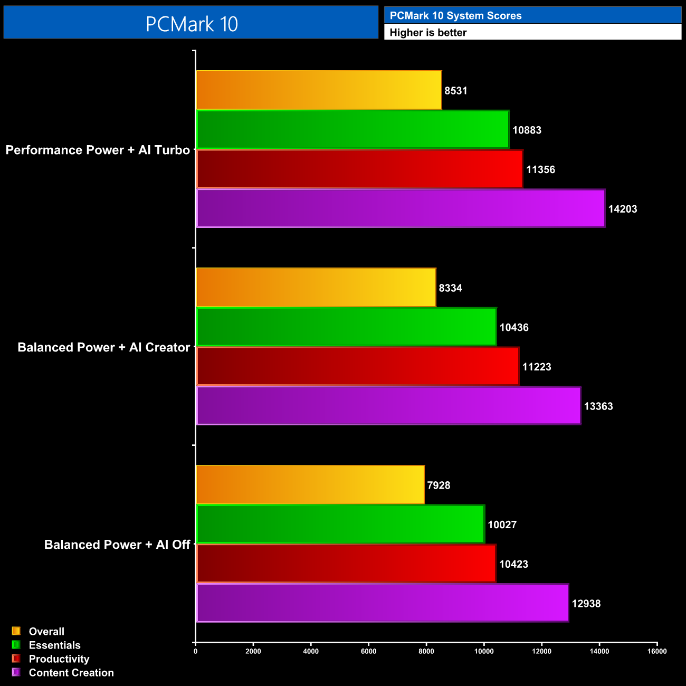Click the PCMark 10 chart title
coord(192,24)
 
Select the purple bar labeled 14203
coord(401,208)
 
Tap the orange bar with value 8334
coord(316,288)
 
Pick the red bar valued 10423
coord(346,564)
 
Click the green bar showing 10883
coord(352,130)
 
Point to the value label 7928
coord(439,485)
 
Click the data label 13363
coord(598,406)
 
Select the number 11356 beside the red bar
coord(540,170)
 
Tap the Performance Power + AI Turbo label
coord(98,150)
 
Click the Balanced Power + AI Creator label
coord(103,348)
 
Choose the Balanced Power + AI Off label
coord(117,545)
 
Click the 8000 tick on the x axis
coord(426,651)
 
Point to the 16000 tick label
coord(657,651)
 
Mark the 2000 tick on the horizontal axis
coord(253,651)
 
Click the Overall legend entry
coord(46,632)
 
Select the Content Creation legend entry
coord(71,673)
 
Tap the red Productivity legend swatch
coord(16,659)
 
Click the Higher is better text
coord(428,33)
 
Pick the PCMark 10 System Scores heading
coord(455,16)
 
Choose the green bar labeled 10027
coord(340,524)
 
